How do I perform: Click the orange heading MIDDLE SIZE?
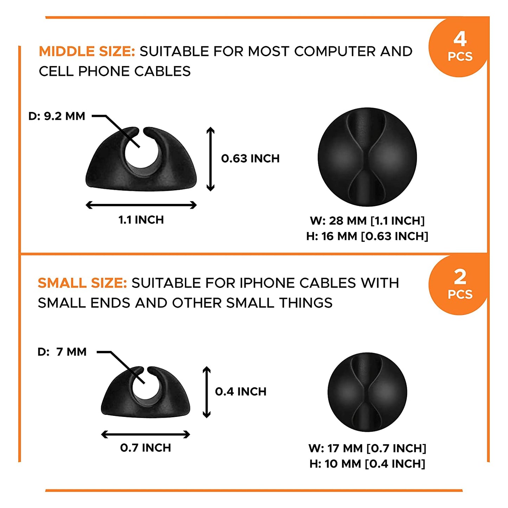[x=87, y=51]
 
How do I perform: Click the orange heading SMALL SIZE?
[x=82, y=283]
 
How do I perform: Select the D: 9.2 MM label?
[x=57, y=116]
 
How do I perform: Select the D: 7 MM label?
[x=62, y=352]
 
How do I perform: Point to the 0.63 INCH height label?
[x=250, y=159]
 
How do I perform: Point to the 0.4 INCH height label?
[x=241, y=392]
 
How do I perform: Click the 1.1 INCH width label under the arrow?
[x=141, y=220]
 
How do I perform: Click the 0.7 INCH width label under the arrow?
[x=146, y=448]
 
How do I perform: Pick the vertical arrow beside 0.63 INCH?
[x=210, y=159]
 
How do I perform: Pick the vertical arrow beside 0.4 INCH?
[x=207, y=392]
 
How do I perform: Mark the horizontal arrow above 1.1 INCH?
[x=141, y=205]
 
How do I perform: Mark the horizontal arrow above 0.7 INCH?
[x=146, y=435]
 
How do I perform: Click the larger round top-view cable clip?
[x=367, y=157]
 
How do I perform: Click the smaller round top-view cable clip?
[x=367, y=392]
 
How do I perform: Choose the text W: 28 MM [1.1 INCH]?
[x=367, y=221]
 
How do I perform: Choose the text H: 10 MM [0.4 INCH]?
[x=367, y=464]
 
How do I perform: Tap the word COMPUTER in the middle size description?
[x=335, y=51]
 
